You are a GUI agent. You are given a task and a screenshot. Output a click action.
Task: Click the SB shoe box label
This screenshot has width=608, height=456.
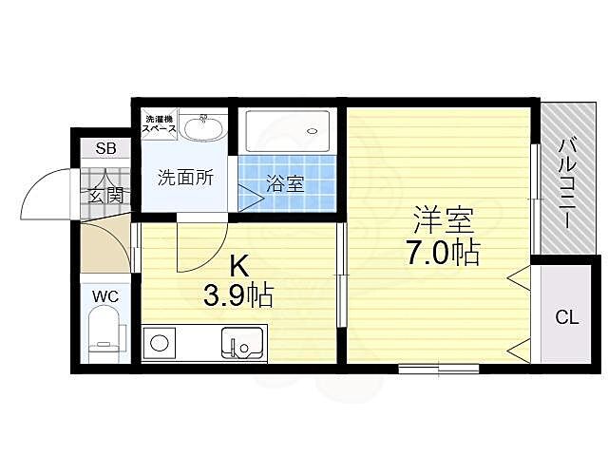pos(104,149)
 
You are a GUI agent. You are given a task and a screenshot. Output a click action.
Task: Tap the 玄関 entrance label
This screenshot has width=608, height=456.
pos(105,196)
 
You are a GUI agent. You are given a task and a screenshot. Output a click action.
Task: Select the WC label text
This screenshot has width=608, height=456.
pos(104,296)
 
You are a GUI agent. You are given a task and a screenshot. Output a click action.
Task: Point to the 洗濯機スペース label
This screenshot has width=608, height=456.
pos(158,122)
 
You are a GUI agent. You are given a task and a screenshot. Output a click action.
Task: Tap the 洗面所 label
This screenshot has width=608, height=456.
pos(184,176)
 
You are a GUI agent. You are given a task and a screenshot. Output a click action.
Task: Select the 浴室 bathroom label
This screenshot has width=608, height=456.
pos(284,183)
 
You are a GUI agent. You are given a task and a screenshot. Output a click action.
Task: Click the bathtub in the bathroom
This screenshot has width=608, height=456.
pos(288,130)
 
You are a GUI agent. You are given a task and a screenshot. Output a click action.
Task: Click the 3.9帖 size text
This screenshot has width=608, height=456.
pos(237,295)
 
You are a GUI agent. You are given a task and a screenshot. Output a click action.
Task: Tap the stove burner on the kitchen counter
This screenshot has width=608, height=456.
pos(160,342)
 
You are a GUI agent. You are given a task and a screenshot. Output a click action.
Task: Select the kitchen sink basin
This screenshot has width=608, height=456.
pos(243,341)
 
